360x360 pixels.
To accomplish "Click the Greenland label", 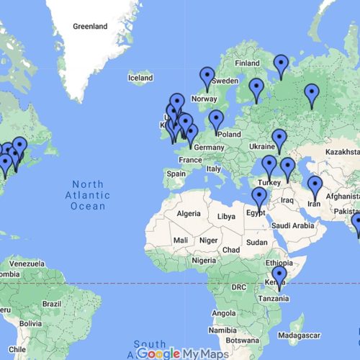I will (90, 27).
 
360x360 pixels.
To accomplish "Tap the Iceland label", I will (140, 77).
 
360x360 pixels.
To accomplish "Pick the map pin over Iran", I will (315, 188).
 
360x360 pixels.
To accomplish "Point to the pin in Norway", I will (207, 78).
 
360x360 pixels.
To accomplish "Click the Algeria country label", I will (189, 214).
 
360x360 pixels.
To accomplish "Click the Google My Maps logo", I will (183, 354).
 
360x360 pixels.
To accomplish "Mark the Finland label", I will (247, 63).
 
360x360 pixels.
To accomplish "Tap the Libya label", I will (226, 216).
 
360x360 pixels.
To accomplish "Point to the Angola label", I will (223, 313).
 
